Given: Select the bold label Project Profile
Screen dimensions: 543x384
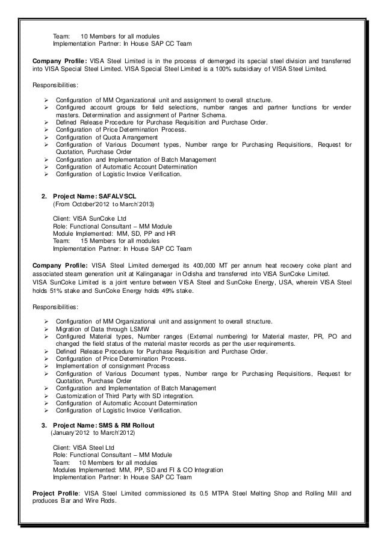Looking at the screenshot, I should [57, 493].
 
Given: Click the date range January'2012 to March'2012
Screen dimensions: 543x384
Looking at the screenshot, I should [93, 433].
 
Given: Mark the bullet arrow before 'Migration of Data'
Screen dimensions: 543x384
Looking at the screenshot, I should [47, 330].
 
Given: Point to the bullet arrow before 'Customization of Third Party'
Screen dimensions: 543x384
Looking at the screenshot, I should [47, 396].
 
